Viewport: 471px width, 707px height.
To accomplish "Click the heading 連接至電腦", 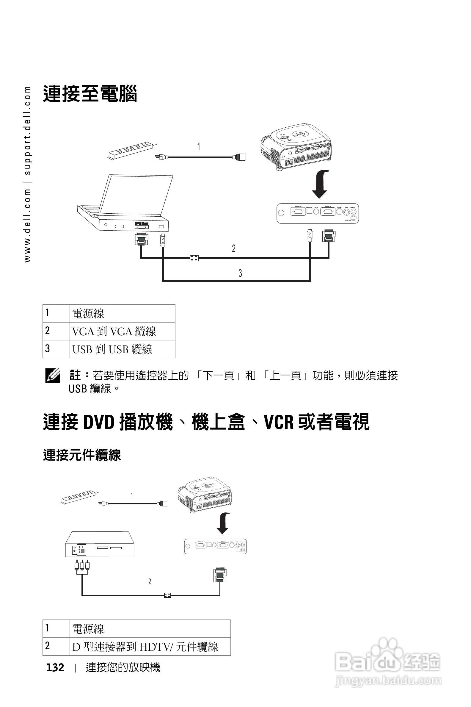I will point(90,94).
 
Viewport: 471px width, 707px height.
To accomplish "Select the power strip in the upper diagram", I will point(131,151).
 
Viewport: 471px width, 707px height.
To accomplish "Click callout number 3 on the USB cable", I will point(240,273).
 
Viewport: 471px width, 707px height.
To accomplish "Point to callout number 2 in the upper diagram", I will point(234,248).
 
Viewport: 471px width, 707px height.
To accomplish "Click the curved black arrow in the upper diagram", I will point(321,184).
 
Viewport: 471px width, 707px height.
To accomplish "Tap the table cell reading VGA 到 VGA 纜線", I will point(114,331).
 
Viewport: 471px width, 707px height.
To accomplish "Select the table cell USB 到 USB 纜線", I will point(112,349).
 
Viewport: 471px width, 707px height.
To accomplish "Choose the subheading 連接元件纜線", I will point(82,455).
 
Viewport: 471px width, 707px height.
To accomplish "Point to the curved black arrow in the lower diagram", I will point(224,523).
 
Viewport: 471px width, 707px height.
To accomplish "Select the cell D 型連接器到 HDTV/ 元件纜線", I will point(145,647).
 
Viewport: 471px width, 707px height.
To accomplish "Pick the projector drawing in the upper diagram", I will point(296,146).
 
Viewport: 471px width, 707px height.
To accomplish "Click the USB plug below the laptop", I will point(163,240).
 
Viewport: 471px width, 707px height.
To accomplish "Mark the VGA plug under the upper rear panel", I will point(329,236).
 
